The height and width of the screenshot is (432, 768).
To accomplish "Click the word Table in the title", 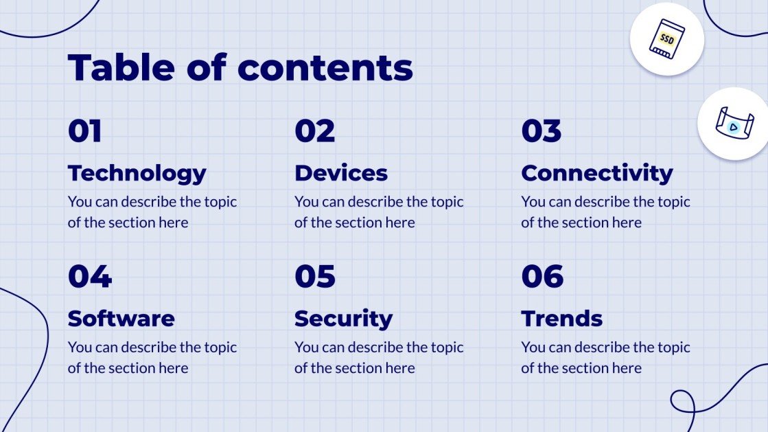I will pyautogui.click(x=121, y=67).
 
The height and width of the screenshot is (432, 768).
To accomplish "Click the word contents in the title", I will pyautogui.click(x=325, y=67).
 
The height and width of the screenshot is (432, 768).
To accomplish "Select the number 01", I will pyautogui.click(x=85, y=131).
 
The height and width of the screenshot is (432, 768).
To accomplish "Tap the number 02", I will pyautogui.click(x=315, y=131).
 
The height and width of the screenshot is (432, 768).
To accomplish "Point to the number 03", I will pyautogui.click(x=542, y=131).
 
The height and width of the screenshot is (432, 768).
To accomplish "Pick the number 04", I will pyautogui.click(x=89, y=277).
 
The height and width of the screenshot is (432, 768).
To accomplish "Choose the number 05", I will pyautogui.click(x=315, y=277).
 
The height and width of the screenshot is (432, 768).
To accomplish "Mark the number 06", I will pyautogui.click(x=542, y=277).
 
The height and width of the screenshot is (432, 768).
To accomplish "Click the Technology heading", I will pyautogui.click(x=137, y=173).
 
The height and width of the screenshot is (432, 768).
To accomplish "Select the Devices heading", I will pyautogui.click(x=341, y=173).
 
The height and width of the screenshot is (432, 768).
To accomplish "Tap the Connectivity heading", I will pyautogui.click(x=596, y=173).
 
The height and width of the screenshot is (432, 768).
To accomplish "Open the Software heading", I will pyautogui.click(x=121, y=319).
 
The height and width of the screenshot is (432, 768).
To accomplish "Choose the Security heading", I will pyautogui.click(x=343, y=319).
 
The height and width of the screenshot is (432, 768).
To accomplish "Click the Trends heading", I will pyautogui.click(x=561, y=319).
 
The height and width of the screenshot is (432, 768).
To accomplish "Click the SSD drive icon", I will pyautogui.click(x=666, y=38).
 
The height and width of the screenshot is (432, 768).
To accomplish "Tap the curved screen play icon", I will pyautogui.click(x=734, y=124).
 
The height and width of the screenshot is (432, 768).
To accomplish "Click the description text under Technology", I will pyautogui.click(x=152, y=212).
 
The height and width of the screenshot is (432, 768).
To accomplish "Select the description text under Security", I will pyautogui.click(x=379, y=358).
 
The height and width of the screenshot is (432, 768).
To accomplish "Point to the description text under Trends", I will pyautogui.click(x=605, y=358).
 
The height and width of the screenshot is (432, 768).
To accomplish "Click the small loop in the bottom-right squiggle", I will pyautogui.click(x=682, y=402).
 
